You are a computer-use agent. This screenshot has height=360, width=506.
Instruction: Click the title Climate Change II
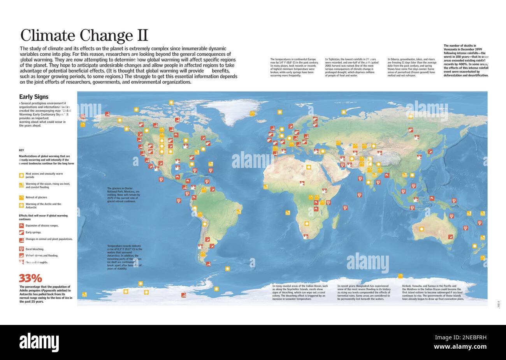pyautogui.click(x=84, y=35)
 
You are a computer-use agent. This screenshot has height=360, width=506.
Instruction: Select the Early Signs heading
pyautogui.click(x=34, y=97)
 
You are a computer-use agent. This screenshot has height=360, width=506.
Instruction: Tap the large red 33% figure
pyautogui.click(x=30, y=278)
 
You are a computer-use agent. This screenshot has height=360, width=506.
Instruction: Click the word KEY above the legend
pyautogui.click(x=21, y=150)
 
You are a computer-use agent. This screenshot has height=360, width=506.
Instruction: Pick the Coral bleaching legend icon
pyautogui.click(x=21, y=249)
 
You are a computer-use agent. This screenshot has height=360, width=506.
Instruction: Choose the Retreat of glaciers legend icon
pyautogui.click(x=21, y=198)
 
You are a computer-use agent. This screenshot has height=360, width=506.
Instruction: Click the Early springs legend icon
pyautogui.click(x=21, y=232)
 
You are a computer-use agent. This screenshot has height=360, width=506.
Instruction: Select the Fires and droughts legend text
pyautogui.click(x=37, y=262)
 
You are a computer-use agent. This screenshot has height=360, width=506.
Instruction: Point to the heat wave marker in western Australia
pyautogui.click(x=421, y=229)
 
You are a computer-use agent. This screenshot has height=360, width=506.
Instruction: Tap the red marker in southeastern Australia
pyautogui.click(x=450, y=236)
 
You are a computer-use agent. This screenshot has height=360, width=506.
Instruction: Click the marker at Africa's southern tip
pyautogui.click(x=306, y=236)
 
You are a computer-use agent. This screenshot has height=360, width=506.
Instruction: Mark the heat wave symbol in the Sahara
pyautogui.click(x=309, y=167)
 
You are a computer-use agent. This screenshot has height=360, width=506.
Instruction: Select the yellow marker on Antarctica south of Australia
pyautogui.click(x=400, y=276)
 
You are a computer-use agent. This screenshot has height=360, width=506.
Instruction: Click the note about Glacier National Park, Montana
pyautogui.click(x=123, y=195)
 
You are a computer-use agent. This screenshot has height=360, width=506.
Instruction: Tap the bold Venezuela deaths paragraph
pyautogui.click(x=466, y=60)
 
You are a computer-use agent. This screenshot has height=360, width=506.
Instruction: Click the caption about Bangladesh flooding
pyautogui.click(x=364, y=292)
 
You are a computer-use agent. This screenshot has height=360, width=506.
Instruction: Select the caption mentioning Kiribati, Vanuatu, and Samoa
pyautogui.click(x=433, y=292)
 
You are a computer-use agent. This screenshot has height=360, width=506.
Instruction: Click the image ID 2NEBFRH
pyautogui.click(x=460, y=337)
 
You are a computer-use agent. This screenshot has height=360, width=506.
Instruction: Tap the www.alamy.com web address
pyautogui.click(x=460, y=346)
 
